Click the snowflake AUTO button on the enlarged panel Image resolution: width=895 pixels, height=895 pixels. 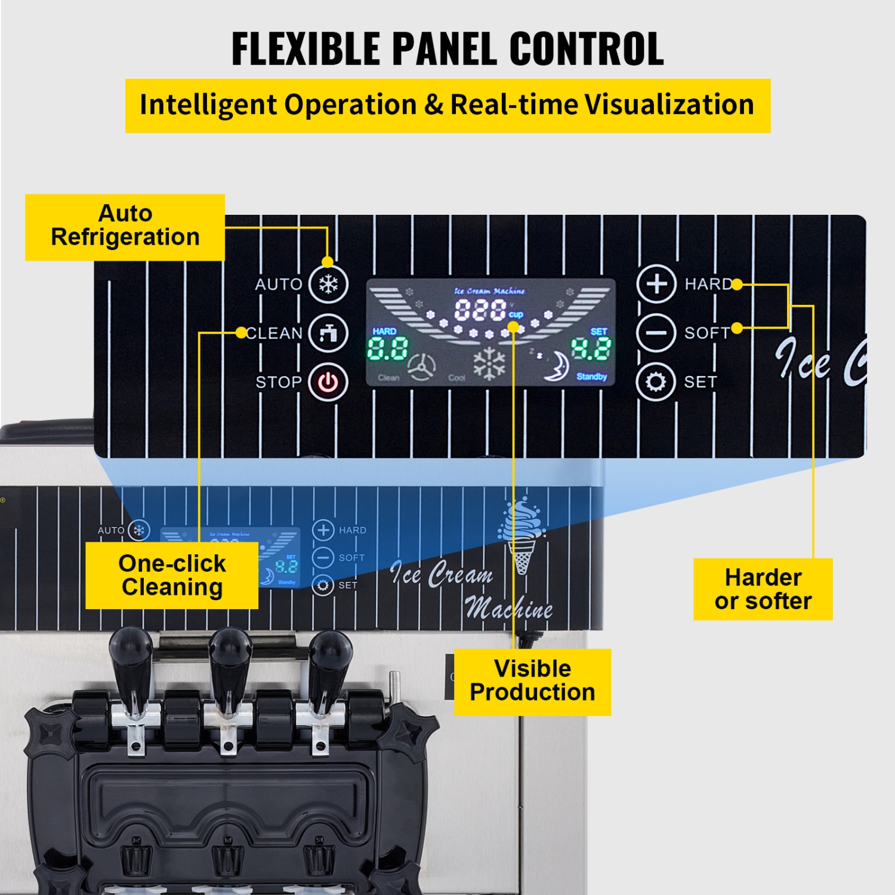[328, 284]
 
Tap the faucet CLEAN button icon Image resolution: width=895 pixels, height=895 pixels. [328, 333]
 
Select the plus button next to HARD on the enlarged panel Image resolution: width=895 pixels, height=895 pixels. [656, 284]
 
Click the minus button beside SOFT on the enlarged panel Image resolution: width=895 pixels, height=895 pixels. [656, 332]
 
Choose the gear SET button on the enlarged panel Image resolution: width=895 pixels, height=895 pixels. [656, 381]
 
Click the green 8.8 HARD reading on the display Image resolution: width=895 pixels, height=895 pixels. [388, 348]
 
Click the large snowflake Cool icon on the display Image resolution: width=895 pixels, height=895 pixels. [489, 363]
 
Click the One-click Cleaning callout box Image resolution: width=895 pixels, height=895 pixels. [172, 575]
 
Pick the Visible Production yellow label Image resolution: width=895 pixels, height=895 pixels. [532, 681]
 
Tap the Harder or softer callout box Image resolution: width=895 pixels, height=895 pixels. [763, 590]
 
